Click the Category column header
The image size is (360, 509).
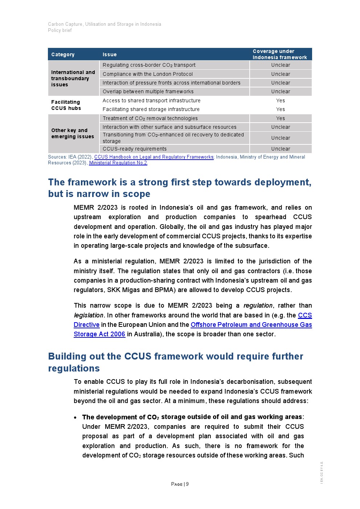(x=63, y=54)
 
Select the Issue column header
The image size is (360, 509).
(x=110, y=54)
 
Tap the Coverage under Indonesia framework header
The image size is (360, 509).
(x=280, y=54)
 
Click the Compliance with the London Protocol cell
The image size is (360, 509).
(x=148, y=74)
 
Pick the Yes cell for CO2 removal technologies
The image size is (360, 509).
(x=281, y=118)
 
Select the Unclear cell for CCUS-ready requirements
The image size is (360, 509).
(x=281, y=149)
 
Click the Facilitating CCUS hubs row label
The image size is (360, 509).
(x=66, y=105)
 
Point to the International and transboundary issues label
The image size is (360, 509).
(x=73, y=78)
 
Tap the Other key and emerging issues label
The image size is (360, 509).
(x=72, y=134)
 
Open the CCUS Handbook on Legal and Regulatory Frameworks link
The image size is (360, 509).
(x=154, y=157)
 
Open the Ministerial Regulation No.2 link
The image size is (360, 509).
(x=118, y=163)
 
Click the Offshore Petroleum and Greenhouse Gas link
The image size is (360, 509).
(x=251, y=325)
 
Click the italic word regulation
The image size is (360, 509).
(x=258, y=305)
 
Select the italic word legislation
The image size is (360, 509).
(x=89, y=315)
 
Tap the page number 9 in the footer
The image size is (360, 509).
(x=187, y=484)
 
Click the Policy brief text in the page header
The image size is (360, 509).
(x=60, y=30)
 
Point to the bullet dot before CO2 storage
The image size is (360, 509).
(x=75, y=418)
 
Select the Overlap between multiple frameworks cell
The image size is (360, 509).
(x=148, y=92)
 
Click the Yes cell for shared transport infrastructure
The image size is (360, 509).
(x=281, y=100)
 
